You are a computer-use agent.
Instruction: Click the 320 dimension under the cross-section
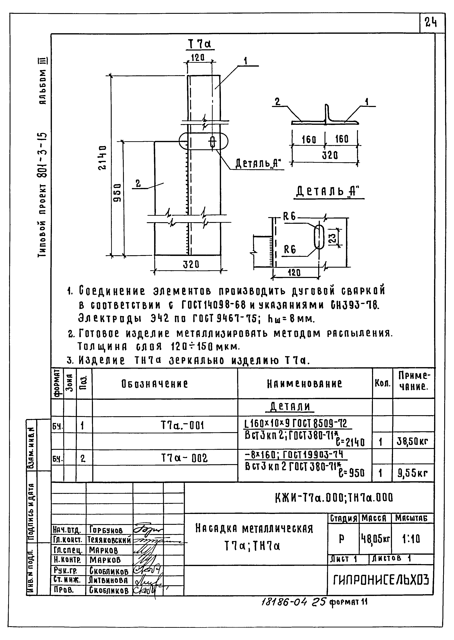330,155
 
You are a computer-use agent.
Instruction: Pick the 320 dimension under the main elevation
191,264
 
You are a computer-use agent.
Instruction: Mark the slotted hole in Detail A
318,237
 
